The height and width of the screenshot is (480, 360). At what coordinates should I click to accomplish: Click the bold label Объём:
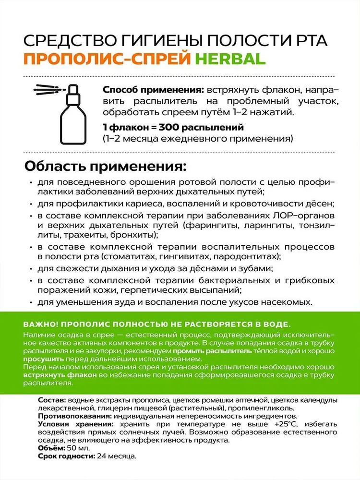click(51, 447)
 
